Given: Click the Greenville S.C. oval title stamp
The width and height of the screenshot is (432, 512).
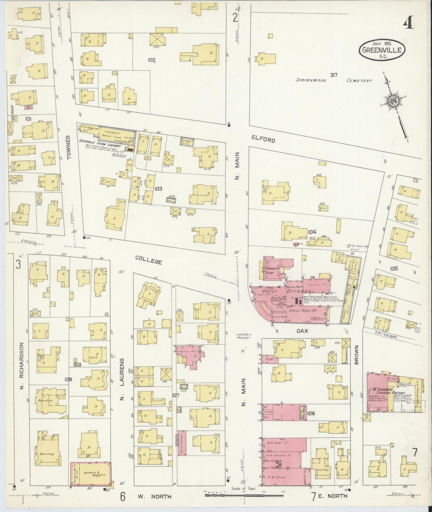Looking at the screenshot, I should click(382, 50).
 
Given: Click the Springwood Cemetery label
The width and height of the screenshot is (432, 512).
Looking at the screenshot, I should click(334, 80).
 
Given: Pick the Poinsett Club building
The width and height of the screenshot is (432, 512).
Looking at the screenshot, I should click(272, 268).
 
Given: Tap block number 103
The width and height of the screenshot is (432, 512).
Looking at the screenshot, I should click(158, 188).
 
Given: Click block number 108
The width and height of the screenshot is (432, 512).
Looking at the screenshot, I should click(68, 379).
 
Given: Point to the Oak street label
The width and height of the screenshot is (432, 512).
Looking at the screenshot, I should click(302, 331).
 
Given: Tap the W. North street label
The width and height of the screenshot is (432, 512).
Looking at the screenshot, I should click(155, 496).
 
